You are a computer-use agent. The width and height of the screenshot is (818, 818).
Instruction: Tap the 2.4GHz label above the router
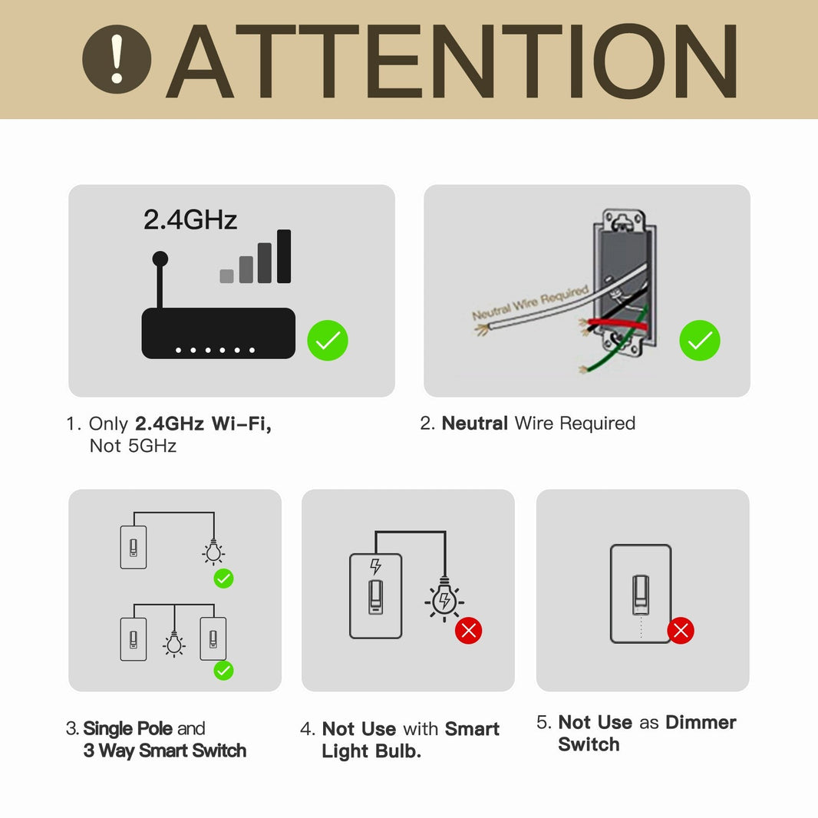tap(190, 220)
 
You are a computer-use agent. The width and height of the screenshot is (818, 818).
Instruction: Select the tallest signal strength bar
tap(284, 256)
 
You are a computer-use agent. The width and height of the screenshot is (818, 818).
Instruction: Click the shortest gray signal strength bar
tap(226, 276)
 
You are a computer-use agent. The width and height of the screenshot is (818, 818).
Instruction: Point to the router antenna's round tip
tap(160, 259)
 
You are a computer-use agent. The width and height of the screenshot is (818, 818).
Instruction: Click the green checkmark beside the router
tap(328, 341)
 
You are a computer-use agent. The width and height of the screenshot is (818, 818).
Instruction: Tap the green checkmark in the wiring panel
tap(699, 341)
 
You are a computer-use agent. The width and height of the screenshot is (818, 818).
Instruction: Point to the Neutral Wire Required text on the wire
tap(529, 302)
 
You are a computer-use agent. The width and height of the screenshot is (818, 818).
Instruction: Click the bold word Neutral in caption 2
tap(475, 424)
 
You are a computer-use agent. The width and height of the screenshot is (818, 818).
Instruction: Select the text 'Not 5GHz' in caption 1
tap(133, 447)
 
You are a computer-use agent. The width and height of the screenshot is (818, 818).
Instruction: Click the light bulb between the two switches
tap(175, 645)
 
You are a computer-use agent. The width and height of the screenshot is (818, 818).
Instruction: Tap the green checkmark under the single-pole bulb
tap(223, 579)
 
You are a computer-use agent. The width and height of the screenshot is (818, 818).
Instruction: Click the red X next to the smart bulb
tap(468, 631)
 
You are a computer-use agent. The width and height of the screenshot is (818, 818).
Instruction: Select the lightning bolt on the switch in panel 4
tap(375, 566)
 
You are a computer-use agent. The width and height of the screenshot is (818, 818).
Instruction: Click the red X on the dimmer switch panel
tap(681, 631)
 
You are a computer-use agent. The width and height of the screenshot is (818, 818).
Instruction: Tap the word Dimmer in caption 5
tap(701, 723)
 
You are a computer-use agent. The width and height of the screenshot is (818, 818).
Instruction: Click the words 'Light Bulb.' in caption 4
tap(371, 752)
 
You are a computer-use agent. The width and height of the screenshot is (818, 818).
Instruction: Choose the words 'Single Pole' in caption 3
tap(129, 729)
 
